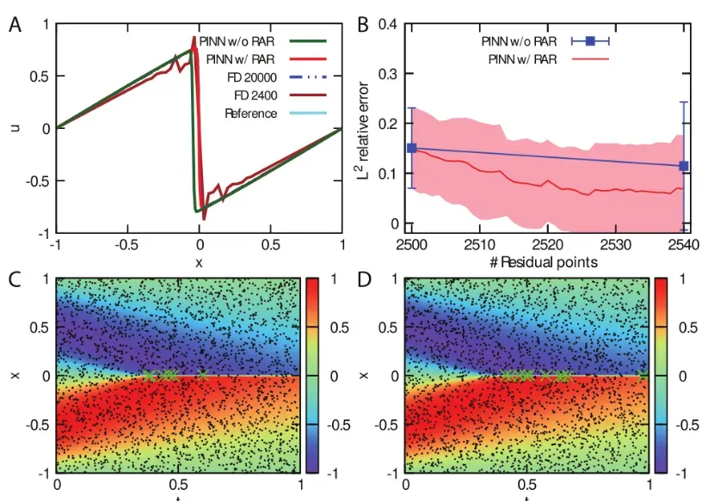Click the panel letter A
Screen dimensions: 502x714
(x=15, y=26)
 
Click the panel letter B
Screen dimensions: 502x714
(x=362, y=26)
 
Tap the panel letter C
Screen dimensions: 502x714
(x=15, y=279)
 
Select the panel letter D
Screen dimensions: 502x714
(x=362, y=279)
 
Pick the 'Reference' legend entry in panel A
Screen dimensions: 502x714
(x=250, y=113)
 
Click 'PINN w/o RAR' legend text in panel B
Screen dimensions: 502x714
(x=520, y=40)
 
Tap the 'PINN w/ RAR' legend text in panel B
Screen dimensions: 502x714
(x=522, y=59)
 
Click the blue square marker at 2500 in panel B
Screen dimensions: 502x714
(x=411, y=148)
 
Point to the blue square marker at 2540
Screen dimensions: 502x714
(x=684, y=166)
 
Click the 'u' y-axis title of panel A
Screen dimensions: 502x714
(x=15, y=128)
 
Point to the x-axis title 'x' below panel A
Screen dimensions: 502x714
(x=199, y=262)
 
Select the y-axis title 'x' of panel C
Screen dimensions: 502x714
(x=15, y=376)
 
